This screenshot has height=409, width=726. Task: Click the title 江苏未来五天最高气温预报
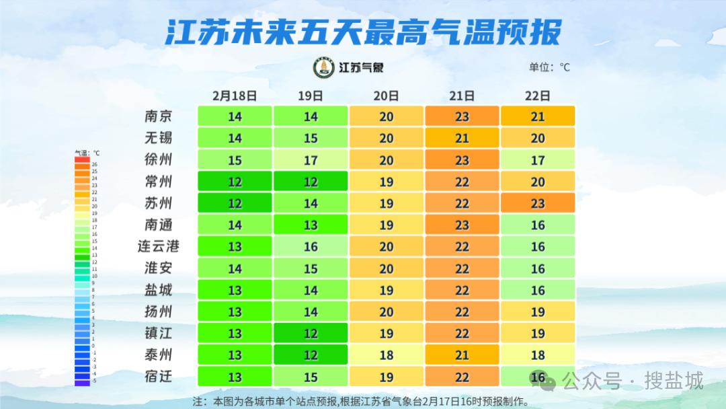pos(363,32)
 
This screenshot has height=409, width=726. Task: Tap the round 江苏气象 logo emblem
pos(324,67)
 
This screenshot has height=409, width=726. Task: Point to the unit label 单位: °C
pos(549,67)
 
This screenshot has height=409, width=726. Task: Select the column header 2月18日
pos(235,96)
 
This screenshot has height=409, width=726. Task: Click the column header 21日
pos(462,96)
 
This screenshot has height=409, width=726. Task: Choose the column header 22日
pos(538,96)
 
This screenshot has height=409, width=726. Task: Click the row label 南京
pos(159,116)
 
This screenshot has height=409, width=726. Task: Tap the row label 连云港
pos(159,246)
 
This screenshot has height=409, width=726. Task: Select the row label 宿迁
pos(159,377)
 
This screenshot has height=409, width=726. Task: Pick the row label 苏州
pos(159,203)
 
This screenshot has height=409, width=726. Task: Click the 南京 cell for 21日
pos(462,116)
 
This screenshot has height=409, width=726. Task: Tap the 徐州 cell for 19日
pos(311,160)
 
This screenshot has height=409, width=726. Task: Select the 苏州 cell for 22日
pos(538,203)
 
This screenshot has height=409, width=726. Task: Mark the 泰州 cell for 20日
pos(387,355)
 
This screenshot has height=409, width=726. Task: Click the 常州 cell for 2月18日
pos(235,182)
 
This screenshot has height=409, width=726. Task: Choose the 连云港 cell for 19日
pos(311,246)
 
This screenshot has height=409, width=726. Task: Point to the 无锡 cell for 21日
pos(462,138)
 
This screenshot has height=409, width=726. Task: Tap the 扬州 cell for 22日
pos(538,311)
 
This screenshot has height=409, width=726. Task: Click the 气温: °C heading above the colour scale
pos(87,153)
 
